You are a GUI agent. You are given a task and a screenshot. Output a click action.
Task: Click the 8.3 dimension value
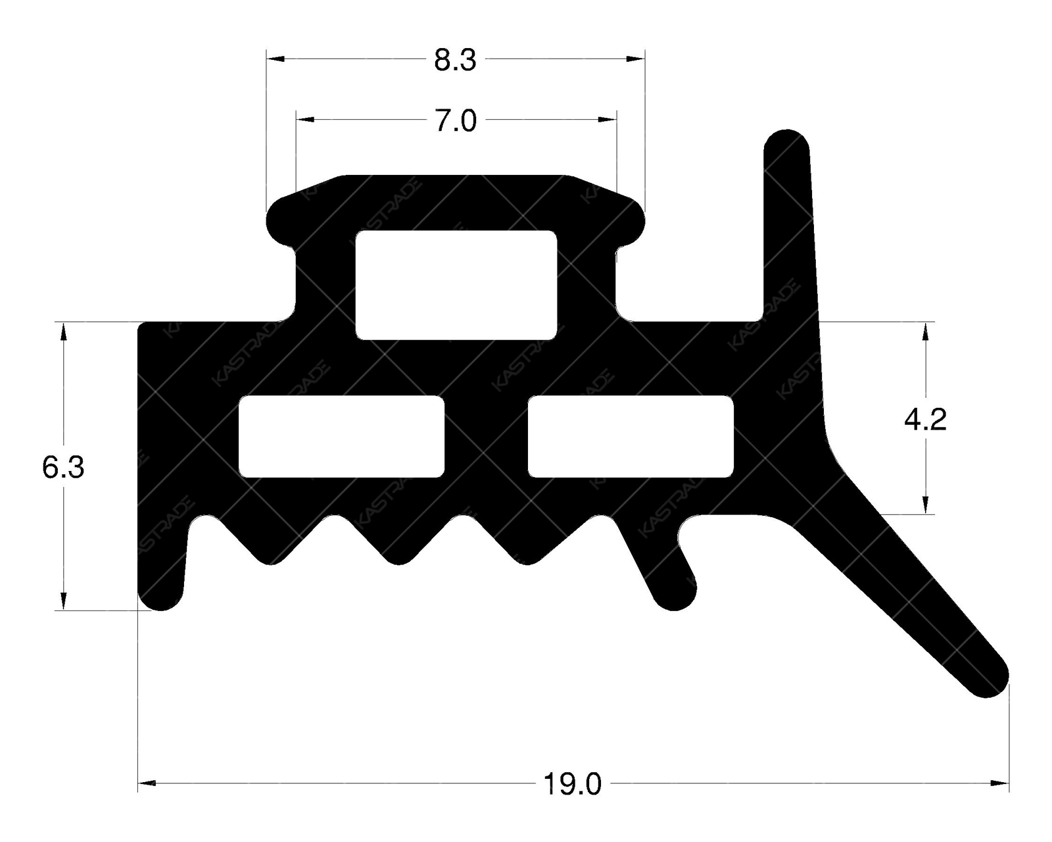[455, 61]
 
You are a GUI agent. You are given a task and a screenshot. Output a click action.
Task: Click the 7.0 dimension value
[456, 122]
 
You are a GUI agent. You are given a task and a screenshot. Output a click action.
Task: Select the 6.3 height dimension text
[63, 468]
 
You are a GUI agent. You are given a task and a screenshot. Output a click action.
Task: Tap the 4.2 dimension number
[925, 420]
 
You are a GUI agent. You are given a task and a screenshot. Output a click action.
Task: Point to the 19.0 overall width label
[572, 785]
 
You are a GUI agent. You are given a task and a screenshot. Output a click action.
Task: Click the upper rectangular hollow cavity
[456, 285]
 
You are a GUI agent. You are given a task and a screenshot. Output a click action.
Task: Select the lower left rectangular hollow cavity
[341, 436]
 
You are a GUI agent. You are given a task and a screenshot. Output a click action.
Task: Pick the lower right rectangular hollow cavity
[631, 436]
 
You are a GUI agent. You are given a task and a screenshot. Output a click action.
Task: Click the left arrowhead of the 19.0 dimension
[147, 783]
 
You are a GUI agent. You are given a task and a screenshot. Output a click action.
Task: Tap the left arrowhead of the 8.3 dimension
[275, 59]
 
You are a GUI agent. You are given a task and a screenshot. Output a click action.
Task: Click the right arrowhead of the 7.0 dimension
[608, 120]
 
